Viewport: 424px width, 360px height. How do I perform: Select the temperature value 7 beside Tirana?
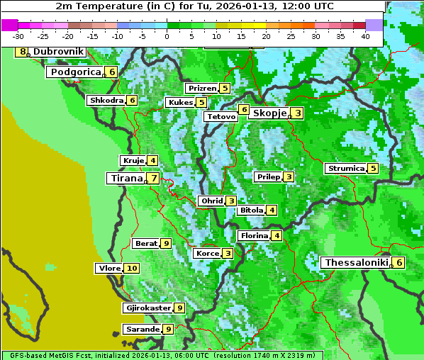pos(153,179)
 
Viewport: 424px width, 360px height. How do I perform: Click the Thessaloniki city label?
pos(356,263)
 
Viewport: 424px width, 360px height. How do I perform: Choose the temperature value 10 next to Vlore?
pos(132,268)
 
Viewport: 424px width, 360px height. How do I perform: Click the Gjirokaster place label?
pos(147,308)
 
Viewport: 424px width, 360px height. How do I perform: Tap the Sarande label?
pos(142,329)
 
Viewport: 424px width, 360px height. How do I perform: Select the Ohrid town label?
pos(211,201)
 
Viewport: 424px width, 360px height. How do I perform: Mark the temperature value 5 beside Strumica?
pos(373,169)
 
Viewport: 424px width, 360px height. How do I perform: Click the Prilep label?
pos(268,176)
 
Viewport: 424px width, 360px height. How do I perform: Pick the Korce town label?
pos(207,253)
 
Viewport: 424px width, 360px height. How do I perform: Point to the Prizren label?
pos(201,89)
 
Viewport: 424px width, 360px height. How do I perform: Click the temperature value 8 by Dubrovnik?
pos(23,52)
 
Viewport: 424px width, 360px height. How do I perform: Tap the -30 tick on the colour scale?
pos(18,36)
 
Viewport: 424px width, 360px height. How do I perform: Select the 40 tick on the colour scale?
pos(364,36)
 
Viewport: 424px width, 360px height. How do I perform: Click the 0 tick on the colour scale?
pos(167,36)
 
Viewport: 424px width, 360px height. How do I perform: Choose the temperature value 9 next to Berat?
pos(166,243)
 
